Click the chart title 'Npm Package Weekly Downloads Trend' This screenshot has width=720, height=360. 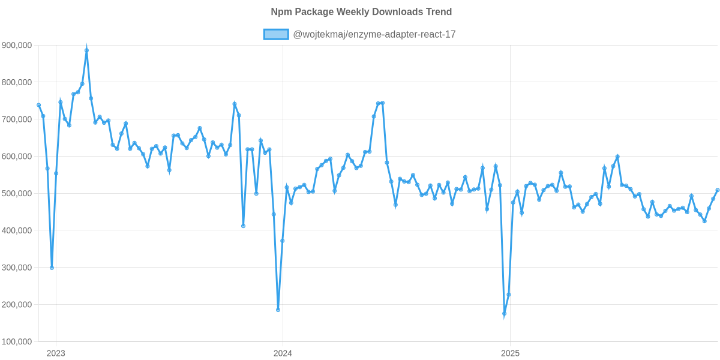tap(361, 12)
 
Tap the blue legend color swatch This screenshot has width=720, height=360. tap(275, 35)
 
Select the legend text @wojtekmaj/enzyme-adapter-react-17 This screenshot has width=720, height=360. tap(373, 35)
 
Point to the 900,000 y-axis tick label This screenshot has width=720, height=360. tap(17, 46)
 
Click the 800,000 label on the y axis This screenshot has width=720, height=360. tap(17, 82)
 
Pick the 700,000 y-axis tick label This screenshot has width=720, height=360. tap(17, 119)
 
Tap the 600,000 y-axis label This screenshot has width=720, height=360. tap(17, 157)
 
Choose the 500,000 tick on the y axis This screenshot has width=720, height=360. tap(17, 194)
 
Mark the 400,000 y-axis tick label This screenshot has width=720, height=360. tap(17, 231)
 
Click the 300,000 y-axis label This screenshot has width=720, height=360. tap(17, 268)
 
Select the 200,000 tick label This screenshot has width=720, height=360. tap(17, 305)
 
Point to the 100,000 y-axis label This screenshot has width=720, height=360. tap(17, 342)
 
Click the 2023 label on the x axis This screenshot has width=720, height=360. tap(56, 353)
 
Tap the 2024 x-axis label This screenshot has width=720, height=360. tap(283, 353)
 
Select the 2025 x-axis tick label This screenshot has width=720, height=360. tap(510, 353)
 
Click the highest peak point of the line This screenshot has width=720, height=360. tap(86, 50)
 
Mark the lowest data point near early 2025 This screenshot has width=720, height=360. tap(505, 314)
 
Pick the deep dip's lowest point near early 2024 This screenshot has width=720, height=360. tap(278, 310)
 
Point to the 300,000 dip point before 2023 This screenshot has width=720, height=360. tap(52, 268)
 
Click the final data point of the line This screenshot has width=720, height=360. tap(718, 190)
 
